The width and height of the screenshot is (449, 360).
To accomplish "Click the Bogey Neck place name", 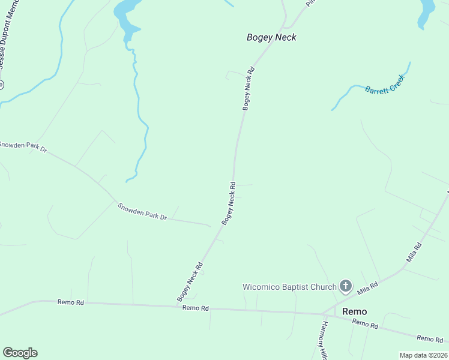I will tap(271, 37).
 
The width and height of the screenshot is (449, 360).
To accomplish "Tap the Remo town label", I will tap(354, 311).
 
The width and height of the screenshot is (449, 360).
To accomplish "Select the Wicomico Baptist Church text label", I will tap(289, 287).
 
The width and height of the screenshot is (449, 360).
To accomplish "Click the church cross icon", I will tap(346, 286).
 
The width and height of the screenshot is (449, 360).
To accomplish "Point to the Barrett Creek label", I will tap(385, 83).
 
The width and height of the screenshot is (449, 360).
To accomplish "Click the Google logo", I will tap(20, 353).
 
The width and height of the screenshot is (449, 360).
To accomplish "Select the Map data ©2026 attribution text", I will tap(424, 355).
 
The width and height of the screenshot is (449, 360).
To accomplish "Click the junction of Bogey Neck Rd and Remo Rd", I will tap(178, 306).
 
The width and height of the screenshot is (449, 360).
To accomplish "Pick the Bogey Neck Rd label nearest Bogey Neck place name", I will tap(249, 88).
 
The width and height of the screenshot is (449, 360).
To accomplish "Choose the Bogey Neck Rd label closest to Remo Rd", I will tap(191, 281).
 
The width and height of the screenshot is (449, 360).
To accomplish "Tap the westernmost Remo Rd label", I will tap(70, 302).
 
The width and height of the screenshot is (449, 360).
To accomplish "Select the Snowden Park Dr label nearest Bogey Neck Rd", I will tap(142, 212).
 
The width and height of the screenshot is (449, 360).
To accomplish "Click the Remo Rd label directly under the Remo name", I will tap(365, 325).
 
